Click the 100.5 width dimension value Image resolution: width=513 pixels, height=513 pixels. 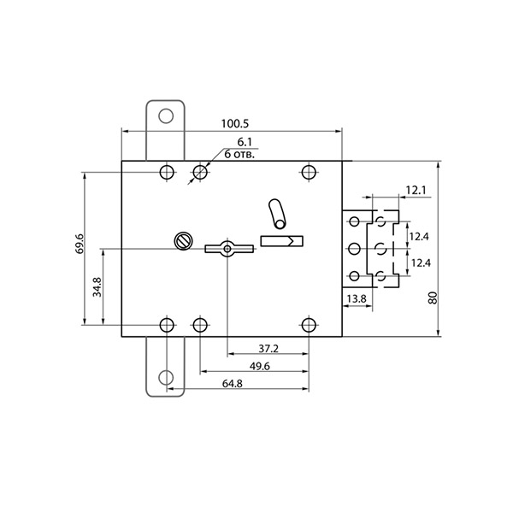tap(235, 124)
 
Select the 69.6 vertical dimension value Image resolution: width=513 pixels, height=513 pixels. tap(80, 244)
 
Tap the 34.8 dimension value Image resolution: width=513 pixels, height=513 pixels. tap(97, 287)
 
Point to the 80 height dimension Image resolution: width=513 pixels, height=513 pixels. tap(433, 298)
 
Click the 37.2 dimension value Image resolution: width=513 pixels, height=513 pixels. tap(268, 349)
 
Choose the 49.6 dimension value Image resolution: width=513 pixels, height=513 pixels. tap(259, 367)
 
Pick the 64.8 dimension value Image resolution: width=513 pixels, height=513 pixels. tap(233, 383)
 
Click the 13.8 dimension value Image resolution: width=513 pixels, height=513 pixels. tap(357, 299)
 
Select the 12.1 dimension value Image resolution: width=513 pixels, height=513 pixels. tap(416, 190)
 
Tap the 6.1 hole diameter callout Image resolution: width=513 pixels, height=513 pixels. tap(245, 142)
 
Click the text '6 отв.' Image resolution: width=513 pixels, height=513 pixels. tap(239, 154)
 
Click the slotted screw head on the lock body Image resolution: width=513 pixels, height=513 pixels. tap(183, 241)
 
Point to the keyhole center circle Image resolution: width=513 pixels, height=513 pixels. tap(227, 249)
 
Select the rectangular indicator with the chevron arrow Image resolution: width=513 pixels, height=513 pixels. tap(281, 241)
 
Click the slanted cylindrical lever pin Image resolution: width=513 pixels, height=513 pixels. tap(277, 215)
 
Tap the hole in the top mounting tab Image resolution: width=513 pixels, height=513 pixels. tap(166, 115)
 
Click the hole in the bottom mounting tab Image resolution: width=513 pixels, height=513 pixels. tap(166, 378)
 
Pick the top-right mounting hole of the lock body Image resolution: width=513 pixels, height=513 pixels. tap(309, 172)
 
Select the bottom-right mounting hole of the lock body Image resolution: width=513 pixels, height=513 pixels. tap(309, 325)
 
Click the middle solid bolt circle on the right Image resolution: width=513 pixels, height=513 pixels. tap(354, 249)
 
